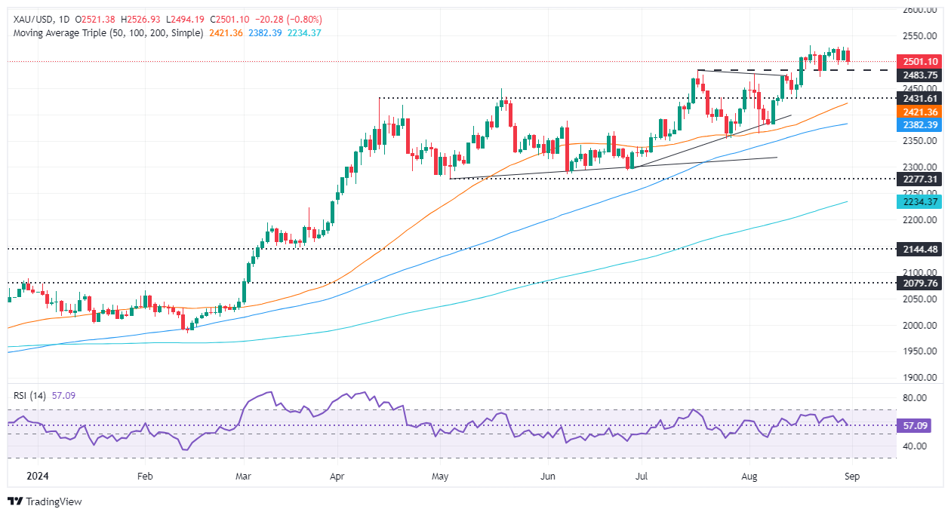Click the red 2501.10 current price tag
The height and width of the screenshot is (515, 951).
(916, 61)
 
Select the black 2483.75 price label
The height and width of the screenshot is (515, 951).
(916, 75)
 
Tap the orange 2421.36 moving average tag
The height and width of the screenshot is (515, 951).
(916, 112)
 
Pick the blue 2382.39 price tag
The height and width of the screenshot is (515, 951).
(916, 125)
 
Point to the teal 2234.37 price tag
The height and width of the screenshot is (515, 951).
(916, 202)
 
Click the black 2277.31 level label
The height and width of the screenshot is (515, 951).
(916, 179)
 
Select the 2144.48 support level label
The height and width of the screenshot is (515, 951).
(916, 249)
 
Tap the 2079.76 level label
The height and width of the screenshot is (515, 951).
(916, 284)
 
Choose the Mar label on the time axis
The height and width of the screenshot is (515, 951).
(243, 477)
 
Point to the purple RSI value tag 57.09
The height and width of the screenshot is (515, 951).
(916, 425)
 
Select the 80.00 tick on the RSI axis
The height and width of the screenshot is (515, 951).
(915, 397)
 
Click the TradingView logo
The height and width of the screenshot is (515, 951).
(45, 501)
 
